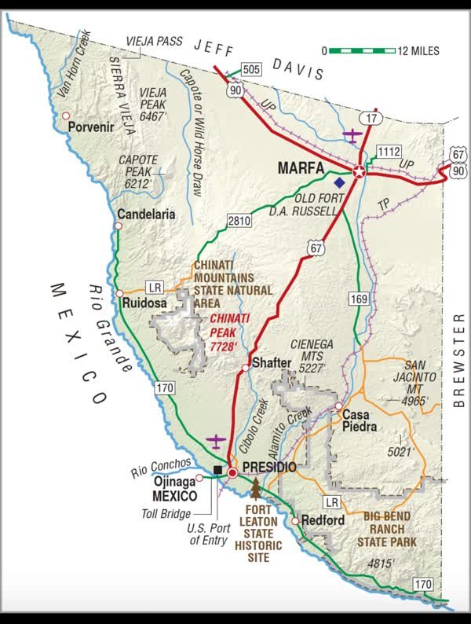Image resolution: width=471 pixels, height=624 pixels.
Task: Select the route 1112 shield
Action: (x=389, y=150)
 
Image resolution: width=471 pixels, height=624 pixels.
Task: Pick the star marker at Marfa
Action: (x=359, y=172)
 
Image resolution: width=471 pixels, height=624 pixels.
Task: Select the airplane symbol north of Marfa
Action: (x=353, y=135)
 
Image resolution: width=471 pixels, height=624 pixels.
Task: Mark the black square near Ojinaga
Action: (x=217, y=470)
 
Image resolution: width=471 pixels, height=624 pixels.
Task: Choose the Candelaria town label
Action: (x=145, y=214)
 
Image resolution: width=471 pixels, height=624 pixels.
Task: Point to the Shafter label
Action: (x=272, y=363)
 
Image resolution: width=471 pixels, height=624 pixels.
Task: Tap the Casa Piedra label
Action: (x=360, y=420)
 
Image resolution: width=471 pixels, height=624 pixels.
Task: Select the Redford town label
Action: (x=323, y=520)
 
